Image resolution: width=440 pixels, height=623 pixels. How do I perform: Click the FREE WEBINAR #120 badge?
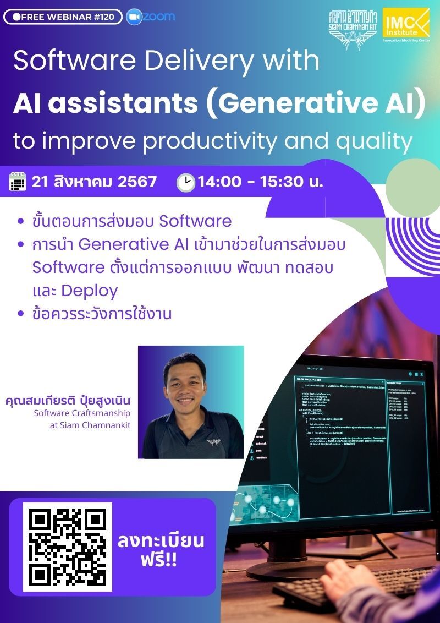(x=63, y=17)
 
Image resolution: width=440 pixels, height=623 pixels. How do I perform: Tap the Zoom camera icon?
(x=134, y=17)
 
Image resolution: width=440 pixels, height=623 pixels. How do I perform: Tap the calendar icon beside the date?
(x=18, y=181)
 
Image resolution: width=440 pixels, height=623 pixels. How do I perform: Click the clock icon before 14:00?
(x=186, y=182)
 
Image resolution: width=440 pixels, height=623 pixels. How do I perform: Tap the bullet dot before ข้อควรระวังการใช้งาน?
(x=21, y=314)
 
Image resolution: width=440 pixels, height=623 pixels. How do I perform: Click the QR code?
(x=67, y=547)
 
